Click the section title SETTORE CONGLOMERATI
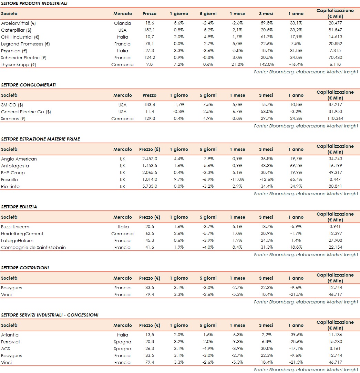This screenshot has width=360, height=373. (x=28, y=85)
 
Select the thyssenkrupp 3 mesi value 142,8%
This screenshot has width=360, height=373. (x=266, y=65)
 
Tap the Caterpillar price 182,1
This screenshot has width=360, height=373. (x=150, y=30)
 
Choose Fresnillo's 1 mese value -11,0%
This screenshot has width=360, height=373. (x=237, y=180)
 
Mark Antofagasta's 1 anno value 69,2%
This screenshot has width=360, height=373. (x=296, y=166)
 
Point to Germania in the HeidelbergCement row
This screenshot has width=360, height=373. (x=122, y=234)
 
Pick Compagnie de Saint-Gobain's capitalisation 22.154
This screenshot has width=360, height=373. (x=335, y=248)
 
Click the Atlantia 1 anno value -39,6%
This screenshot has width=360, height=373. (x=296, y=335)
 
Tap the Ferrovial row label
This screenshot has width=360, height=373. (x=10, y=342)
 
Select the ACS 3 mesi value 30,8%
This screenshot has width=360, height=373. (x=266, y=349)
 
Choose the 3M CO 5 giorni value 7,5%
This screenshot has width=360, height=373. (x=208, y=105)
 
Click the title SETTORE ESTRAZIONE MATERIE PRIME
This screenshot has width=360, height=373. (x=41, y=139)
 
